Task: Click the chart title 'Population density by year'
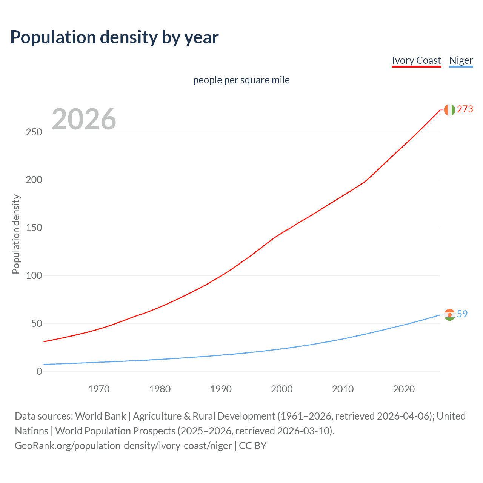pyautogui.click(x=114, y=37)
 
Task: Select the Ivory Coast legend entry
pyautogui.click(x=416, y=61)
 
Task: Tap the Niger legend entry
pyautogui.click(x=461, y=61)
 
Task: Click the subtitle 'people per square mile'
pyautogui.click(x=241, y=80)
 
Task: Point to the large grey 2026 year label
pyautogui.click(x=84, y=119)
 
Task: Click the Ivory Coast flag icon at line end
pyautogui.click(x=449, y=110)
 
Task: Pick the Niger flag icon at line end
pyautogui.click(x=449, y=315)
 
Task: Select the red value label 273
pyautogui.click(x=465, y=109)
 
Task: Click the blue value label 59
pyautogui.click(x=462, y=314)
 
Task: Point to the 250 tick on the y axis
pyautogui.click(x=34, y=132)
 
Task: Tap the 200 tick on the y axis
pyautogui.click(x=34, y=180)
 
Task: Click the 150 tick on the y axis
pyautogui.click(x=34, y=228)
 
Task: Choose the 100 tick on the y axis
pyautogui.click(x=34, y=276)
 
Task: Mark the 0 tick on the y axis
pyautogui.click(x=39, y=372)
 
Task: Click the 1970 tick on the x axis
pyautogui.click(x=99, y=389)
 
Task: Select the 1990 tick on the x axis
pyautogui.click(x=221, y=389)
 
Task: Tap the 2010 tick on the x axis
pyautogui.click(x=343, y=389)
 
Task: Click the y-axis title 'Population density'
pyautogui.click(x=16, y=234)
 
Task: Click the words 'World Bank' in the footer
pyautogui.click(x=100, y=416)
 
